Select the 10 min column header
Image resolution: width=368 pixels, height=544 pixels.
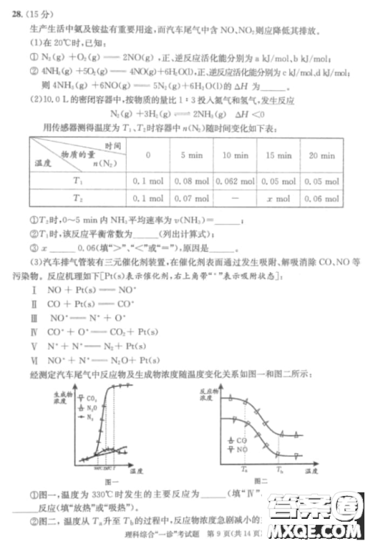[x=236, y=156]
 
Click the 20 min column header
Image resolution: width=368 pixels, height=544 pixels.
[x=321, y=156]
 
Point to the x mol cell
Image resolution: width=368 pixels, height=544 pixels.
[x=278, y=198]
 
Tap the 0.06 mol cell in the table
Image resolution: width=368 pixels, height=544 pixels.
[x=321, y=198]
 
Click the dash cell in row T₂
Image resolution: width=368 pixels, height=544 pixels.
[x=236, y=198]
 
